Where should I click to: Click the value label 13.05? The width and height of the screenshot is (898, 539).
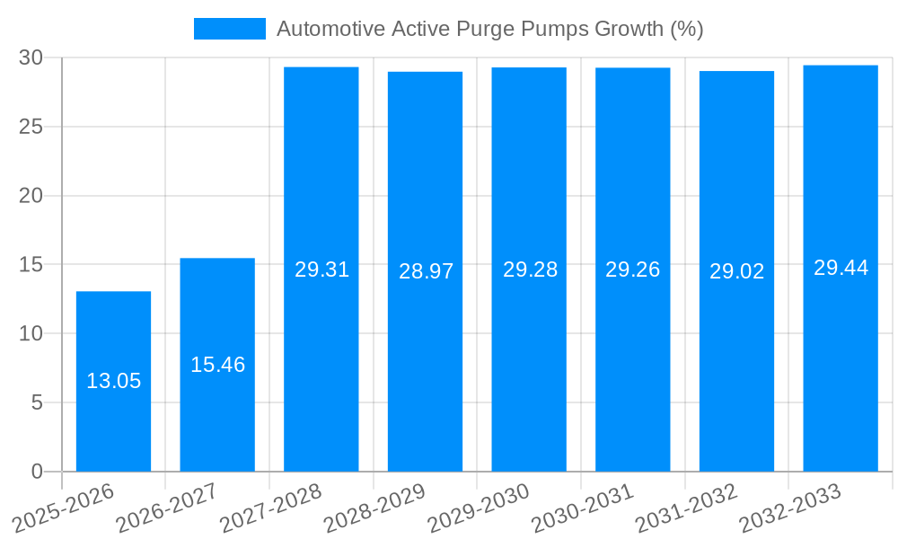click(x=113, y=381)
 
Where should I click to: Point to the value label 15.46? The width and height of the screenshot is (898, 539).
click(x=217, y=365)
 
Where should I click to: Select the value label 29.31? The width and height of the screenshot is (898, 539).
click(x=321, y=269)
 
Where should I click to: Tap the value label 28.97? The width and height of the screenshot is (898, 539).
click(x=426, y=271)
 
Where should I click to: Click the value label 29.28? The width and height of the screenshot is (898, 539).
click(x=530, y=269)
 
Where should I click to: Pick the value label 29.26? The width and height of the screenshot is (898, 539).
click(x=633, y=269)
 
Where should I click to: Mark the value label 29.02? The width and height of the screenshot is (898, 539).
click(x=736, y=271)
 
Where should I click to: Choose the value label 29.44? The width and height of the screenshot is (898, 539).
click(x=841, y=268)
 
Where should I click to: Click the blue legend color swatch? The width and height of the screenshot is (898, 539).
click(x=230, y=29)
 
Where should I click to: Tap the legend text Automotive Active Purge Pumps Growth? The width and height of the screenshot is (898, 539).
click(x=489, y=29)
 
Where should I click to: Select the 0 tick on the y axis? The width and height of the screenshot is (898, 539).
click(x=37, y=472)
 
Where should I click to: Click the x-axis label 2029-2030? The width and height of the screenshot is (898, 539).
click(x=480, y=508)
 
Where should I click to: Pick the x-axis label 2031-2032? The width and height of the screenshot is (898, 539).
click(x=687, y=508)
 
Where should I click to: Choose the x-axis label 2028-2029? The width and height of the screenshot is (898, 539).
click(x=376, y=508)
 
